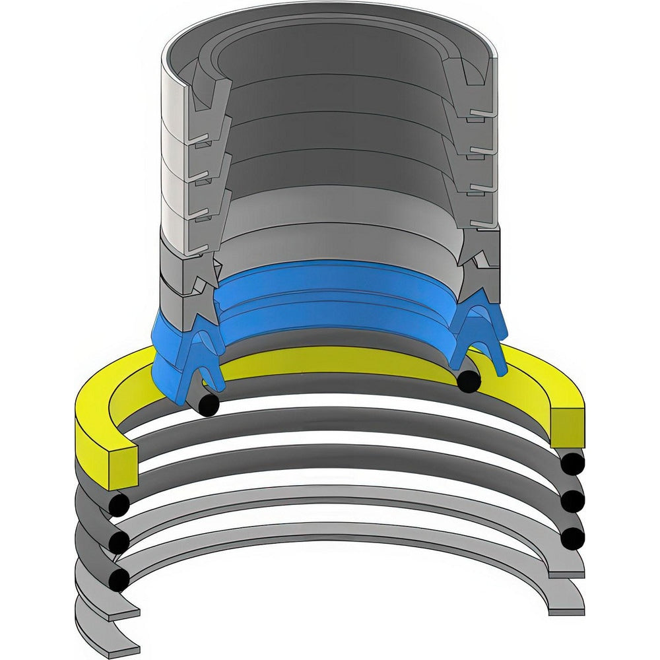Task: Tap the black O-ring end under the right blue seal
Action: point(469,381)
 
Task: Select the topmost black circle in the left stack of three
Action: point(119,506)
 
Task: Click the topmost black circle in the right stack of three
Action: point(572,464)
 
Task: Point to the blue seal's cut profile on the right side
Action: point(482,333)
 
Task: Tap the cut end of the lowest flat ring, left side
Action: point(123,646)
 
